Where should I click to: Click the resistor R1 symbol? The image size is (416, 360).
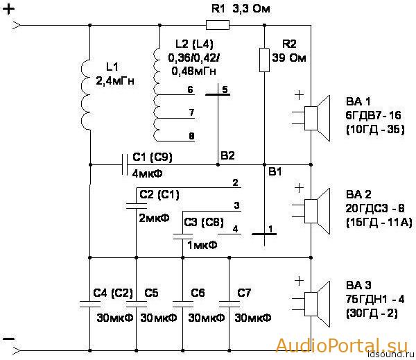click(x=218, y=25)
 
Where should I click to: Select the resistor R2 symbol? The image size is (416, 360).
click(x=264, y=60)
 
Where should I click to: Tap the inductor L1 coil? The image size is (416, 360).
click(x=85, y=95)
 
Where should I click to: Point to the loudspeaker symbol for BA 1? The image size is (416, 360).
click(x=317, y=118)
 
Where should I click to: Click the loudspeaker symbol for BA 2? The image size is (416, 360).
click(x=317, y=212)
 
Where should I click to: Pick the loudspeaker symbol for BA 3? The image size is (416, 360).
click(x=317, y=305)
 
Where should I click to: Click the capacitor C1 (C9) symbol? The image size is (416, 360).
click(x=125, y=164)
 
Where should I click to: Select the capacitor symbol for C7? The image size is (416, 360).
click(x=229, y=304)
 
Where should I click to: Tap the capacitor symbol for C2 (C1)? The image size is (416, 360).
click(x=136, y=206)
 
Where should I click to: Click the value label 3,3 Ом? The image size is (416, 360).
click(x=251, y=9)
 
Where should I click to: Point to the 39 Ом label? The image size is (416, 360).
click(x=289, y=58)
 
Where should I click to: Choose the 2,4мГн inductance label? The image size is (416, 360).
click(x=115, y=80)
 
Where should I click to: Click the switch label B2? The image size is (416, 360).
click(x=227, y=155)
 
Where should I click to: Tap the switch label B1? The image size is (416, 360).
click(x=275, y=171)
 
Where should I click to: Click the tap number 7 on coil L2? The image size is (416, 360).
click(x=191, y=112)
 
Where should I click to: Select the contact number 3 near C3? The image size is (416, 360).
click(x=236, y=205)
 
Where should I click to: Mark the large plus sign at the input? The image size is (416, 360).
click(x=8, y=10)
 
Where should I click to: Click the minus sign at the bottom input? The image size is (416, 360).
click(x=8, y=338)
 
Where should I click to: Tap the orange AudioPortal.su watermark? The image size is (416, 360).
click(x=342, y=345)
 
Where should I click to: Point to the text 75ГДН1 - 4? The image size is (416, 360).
click(x=375, y=300)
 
